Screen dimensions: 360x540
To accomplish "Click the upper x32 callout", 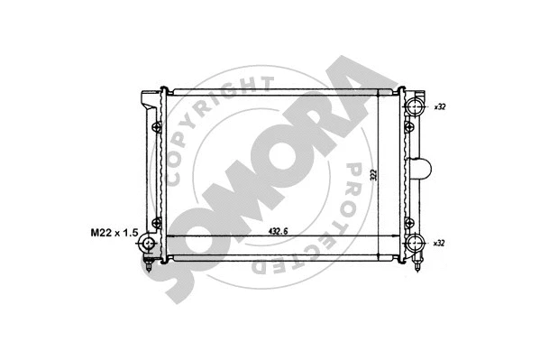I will coord(440,106).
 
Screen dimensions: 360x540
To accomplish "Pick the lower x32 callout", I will coord(440,244).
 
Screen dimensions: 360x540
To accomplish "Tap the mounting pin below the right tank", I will coord(417,266).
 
